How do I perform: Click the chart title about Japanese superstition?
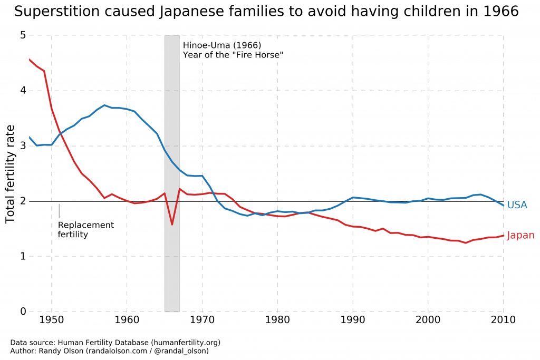(266, 12)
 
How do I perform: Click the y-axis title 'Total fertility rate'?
(11, 174)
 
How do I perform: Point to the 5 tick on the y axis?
(23, 36)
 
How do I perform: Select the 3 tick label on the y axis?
(23, 146)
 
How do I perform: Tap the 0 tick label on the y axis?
(23, 312)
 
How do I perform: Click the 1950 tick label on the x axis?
(51, 320)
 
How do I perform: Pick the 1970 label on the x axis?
(202, 320)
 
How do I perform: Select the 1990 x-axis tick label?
(352, 320)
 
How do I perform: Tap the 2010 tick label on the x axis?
(503, 320)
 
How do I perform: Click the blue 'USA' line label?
(517, 205)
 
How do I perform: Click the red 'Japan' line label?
(520, 236)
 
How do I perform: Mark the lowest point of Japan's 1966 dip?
(172, 225)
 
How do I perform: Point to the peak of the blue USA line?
(104, 105)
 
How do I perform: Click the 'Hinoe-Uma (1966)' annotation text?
(221, 45)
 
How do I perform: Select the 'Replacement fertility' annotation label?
(85, 230)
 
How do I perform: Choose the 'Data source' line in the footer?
(115, 343)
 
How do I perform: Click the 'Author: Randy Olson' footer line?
(109, 351)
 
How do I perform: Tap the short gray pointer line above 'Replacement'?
(59, 211)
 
